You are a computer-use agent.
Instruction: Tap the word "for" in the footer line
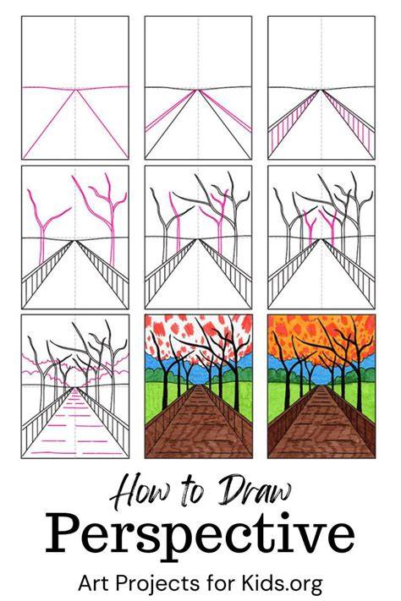[x=220, y=583]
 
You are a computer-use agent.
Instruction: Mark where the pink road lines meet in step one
[x=75, y=90]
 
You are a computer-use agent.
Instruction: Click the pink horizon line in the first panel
[x=75, y=88]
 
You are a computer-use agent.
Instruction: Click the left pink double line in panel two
[x=171, y=111]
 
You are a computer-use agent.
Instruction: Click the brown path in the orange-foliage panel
[x=321, y=425]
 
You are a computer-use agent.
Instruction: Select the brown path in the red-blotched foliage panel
[x=199, y=425]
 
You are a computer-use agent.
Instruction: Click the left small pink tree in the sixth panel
[x=310, y=229]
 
